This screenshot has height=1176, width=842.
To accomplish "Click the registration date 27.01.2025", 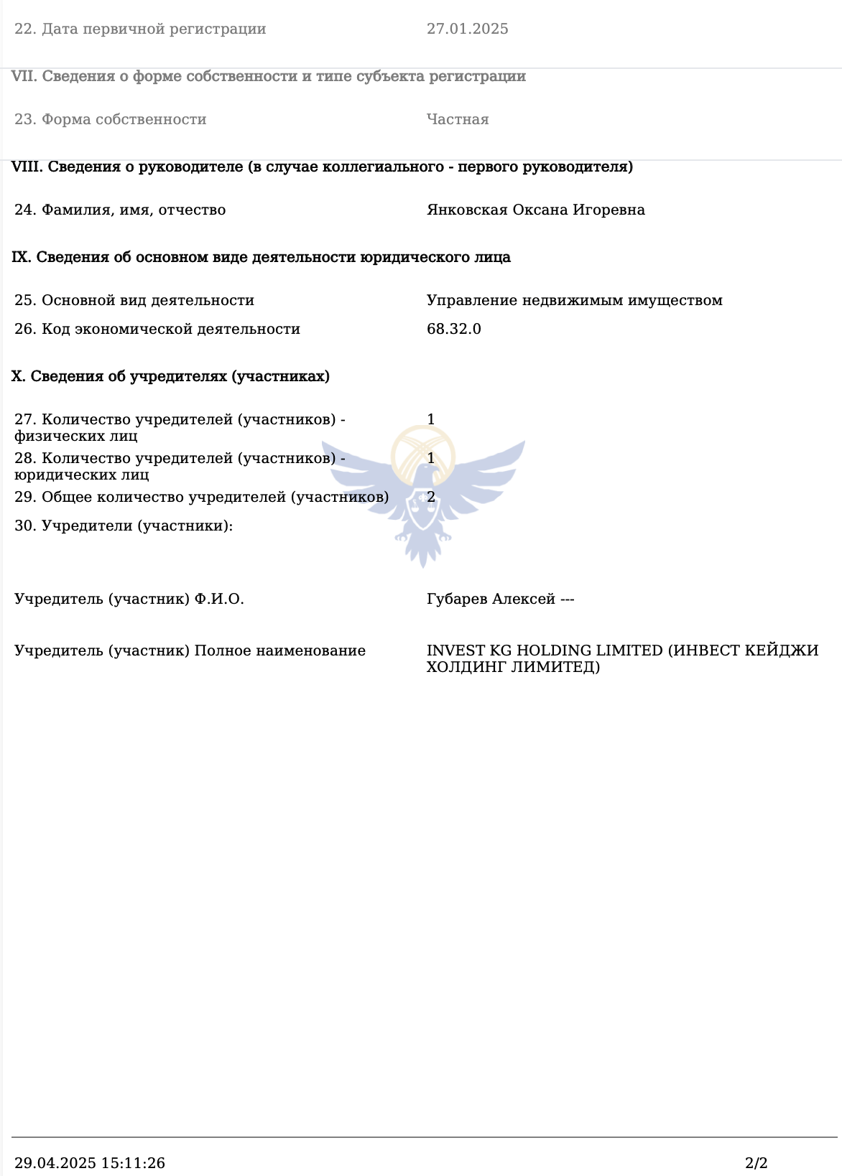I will [x=467, y=29].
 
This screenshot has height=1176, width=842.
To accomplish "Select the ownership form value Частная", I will [x=458, y=120].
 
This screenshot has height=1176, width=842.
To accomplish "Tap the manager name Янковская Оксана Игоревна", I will [x=535, y=210].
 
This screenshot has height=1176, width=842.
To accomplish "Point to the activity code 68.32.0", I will [x=453, y=330].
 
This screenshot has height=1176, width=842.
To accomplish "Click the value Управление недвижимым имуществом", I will [x=574, y=301].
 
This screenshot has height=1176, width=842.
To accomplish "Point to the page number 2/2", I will [x=756, y=1163].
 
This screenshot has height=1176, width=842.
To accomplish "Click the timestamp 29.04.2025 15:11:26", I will [x=90, y=1163].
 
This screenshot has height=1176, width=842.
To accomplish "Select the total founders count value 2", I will [x=431, y=497].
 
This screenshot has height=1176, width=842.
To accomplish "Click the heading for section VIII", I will [x=322, y=167].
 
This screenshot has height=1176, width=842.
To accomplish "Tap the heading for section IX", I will [x=261, y=258].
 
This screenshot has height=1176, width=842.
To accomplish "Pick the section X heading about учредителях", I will [x=170, y=377].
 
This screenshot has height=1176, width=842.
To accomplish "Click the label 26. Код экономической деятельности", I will [x=157, y=330].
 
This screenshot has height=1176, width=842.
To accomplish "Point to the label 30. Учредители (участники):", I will [x=124, y=526].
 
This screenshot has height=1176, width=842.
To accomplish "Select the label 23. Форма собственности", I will [x=111, y=120].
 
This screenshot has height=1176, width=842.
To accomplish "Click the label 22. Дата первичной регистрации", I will [x=140, y=29].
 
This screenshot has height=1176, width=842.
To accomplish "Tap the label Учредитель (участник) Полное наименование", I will [x=190, y=651].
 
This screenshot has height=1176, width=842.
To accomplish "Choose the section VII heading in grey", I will [x=269, y=77].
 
